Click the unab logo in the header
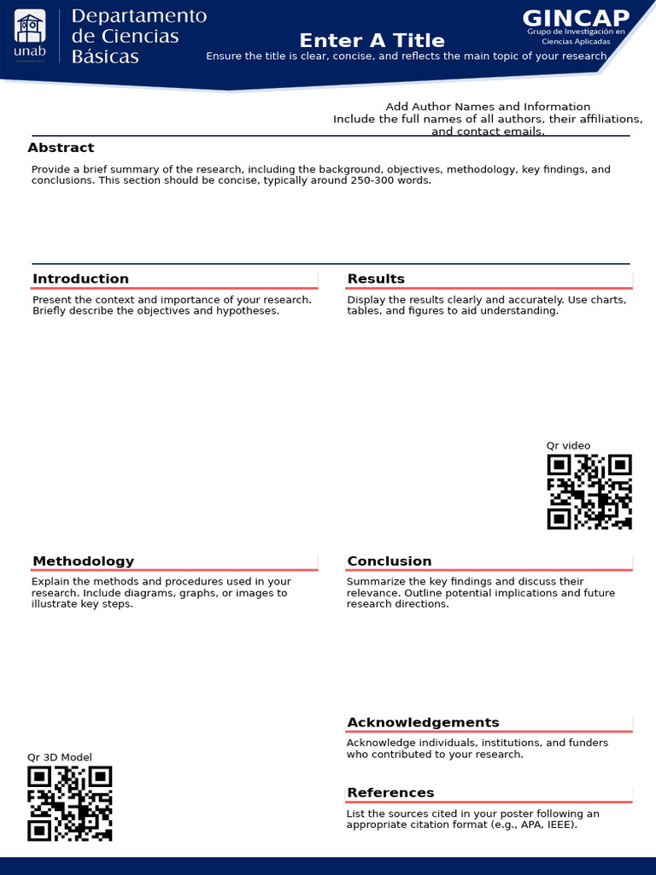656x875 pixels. (30, 38)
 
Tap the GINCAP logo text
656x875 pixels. (576, 18)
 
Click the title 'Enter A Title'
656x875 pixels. (372, 40)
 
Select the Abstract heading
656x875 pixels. (61, 148)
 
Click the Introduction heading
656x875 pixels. (80, 279)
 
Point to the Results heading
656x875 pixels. (376, 279)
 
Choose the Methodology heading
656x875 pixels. (83, 561)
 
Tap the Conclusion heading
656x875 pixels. (389, 561)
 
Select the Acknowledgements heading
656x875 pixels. (423, 722)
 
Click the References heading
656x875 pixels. (390, 792)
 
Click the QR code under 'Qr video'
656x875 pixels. (589, 491)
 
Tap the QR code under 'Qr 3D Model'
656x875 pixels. (69, 803)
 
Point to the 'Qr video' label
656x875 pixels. (568, 445)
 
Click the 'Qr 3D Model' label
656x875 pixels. (59, 757)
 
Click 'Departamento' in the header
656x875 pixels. (138, 16)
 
